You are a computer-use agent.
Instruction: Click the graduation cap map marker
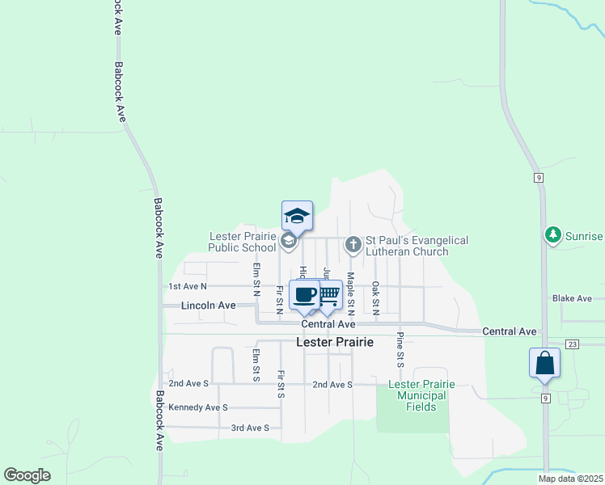point(297,216)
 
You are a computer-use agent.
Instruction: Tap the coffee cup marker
point(305,295)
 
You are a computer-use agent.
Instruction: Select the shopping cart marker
point(327,295)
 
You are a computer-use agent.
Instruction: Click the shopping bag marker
point(544,363)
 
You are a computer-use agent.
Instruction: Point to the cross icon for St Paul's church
point(353,243)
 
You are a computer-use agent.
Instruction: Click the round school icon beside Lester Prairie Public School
point(288,241)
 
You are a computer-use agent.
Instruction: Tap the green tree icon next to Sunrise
point(553,235)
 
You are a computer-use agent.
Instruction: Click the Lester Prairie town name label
point(335,342)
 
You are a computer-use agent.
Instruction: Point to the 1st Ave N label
point(188,286)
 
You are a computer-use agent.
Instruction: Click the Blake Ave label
point(572,298)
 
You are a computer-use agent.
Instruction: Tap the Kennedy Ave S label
point(198,407)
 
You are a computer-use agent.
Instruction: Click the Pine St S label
point(400,350)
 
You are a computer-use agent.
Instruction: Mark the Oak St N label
point(376,297)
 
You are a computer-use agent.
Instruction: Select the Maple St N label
point(351,288)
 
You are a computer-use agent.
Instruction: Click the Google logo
point(27,475)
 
